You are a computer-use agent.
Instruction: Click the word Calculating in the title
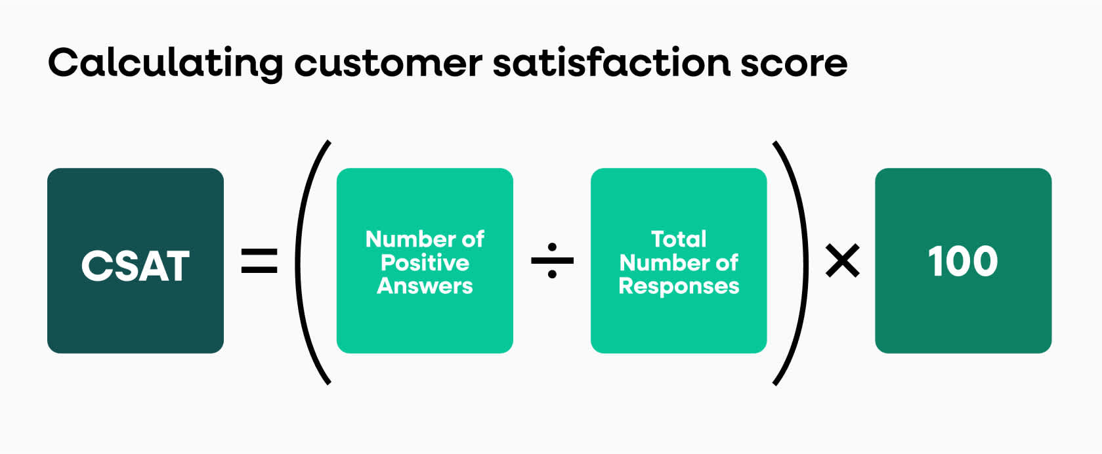click(166, 64)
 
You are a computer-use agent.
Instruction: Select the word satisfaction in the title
click(612, 62)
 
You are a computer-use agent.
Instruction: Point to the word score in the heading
click(794, 66)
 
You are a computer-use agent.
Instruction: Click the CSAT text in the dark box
click(135, 266)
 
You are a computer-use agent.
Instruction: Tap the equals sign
click(259, 260)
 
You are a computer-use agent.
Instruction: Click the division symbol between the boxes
click(552, 260)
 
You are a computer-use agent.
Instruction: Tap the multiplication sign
click(843, 260)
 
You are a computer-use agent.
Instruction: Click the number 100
click(963, 261)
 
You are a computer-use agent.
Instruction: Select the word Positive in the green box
click(425, 262)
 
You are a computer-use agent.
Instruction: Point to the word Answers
click(425, 286)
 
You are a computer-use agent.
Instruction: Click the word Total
click(679, 239)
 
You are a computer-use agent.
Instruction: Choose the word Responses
click(679, 286)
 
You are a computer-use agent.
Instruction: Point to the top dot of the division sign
click(552, 247)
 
